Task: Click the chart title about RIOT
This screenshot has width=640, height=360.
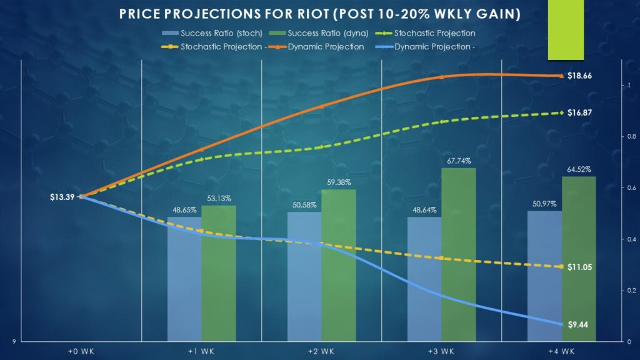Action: (x=320, y=13)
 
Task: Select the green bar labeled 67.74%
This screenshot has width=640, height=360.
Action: (x=459, y=254)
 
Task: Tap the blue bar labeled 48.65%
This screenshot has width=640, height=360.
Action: (x=184, y=279)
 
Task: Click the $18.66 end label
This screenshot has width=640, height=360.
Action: (x=579, y=76)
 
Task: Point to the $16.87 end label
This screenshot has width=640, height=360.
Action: (x=579, y=112)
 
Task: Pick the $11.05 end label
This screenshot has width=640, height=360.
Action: (x=579, y=267)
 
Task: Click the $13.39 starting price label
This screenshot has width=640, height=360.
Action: (x=62, y=197)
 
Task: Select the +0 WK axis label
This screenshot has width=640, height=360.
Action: (x=81, y=352)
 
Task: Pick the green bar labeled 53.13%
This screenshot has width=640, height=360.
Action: (x=219, y=273)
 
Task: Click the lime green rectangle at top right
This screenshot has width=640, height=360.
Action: (x=566, y=30)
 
